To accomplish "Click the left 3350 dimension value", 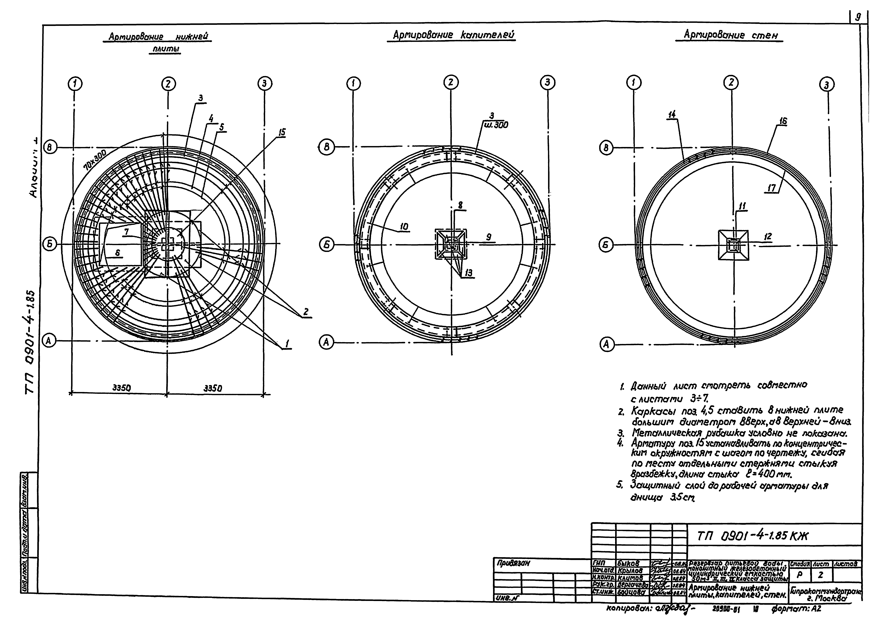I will pyautogui.click(x=121, y=388).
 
